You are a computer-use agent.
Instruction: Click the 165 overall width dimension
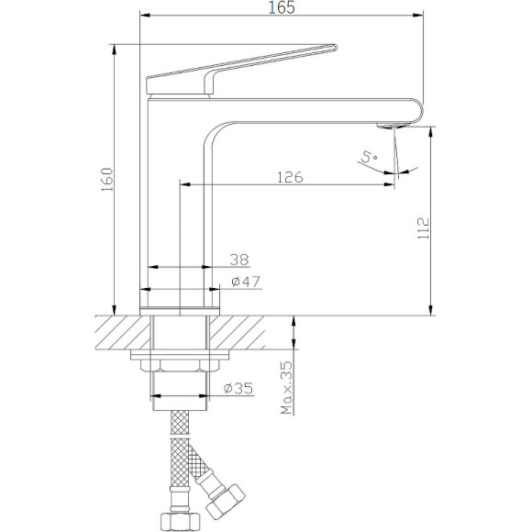282,8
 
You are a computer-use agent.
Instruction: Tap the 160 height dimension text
107,180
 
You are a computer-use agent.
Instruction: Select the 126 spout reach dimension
290,177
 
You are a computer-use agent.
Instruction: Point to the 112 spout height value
423,228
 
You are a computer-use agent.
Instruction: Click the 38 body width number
239,260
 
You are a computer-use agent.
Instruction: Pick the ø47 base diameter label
246,282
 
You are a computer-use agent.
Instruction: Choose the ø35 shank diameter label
238,388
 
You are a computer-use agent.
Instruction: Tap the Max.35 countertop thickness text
287,388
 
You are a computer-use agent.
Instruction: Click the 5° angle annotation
369,157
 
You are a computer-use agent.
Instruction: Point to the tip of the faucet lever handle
336,47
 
